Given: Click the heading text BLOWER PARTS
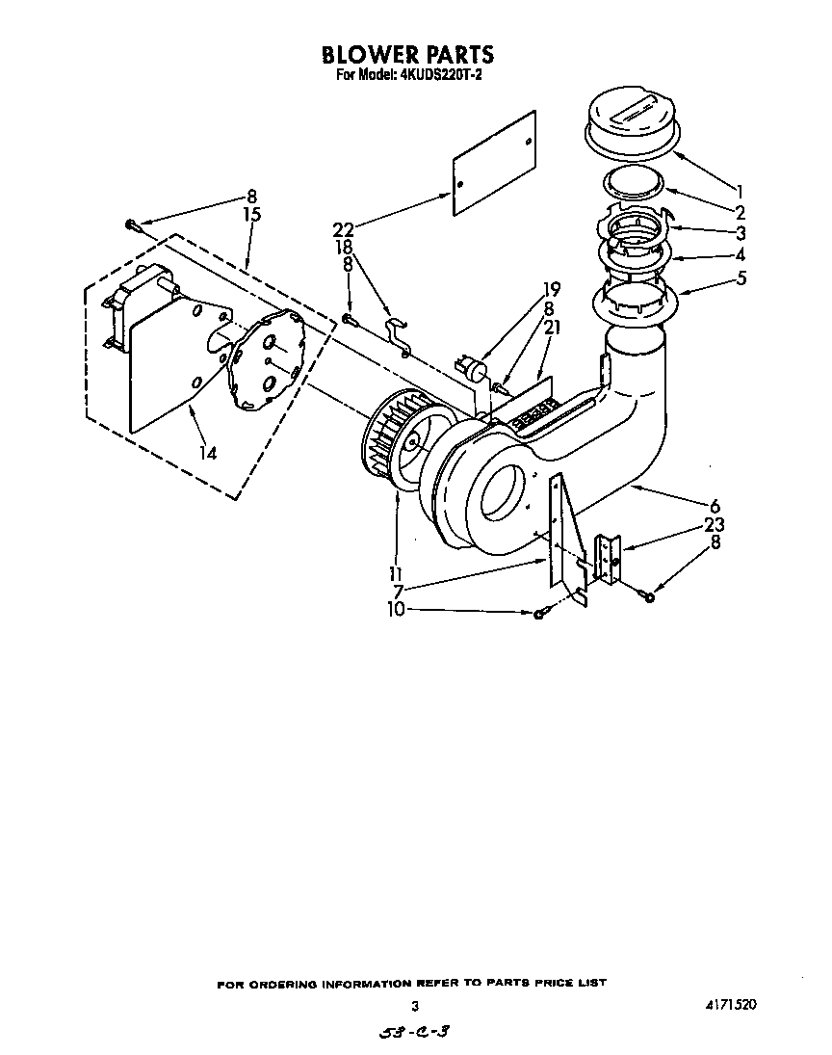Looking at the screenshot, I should [x=407, y=54].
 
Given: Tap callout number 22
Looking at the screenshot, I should [x=343, y=229].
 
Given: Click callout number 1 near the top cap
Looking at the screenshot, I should [x=740, y=190].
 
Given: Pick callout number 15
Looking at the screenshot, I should [x=252, y=215].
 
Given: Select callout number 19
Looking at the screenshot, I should [x=551, y=288].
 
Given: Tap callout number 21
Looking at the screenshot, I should [x=551, y=328].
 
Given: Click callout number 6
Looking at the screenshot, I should [x=715, y=506].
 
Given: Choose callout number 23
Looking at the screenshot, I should [x=715, y=525].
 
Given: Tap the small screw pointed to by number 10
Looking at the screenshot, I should [x=539, y=613].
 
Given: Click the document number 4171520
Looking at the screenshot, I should [x=730, y=1004].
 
